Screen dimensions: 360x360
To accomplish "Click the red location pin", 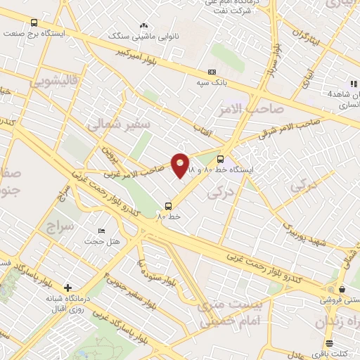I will click(181, 165).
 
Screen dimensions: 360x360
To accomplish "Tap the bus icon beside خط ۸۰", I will click(168, 206).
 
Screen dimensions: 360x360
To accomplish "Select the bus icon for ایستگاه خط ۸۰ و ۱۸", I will click(221, 159).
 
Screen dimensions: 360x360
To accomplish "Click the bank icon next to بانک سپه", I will click(212, 72).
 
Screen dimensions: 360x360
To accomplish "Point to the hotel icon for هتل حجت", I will click(102, 231).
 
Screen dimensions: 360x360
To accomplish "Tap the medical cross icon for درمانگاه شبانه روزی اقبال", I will click(67, 287).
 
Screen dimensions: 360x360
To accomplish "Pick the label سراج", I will click(60, 227).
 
